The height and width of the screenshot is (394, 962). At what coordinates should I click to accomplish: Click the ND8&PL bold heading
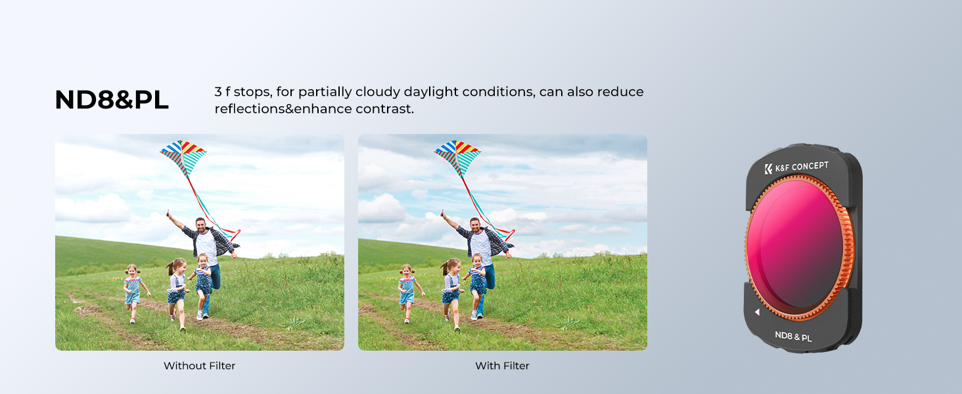(x=112, y=100)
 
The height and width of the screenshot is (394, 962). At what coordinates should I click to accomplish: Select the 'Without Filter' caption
(x=199, y=366)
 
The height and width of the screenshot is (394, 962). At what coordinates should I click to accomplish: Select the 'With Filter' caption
(x=502, y=366)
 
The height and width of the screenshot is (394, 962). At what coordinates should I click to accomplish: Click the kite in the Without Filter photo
(x=183, y=158)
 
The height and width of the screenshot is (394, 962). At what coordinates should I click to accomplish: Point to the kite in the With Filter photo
(x=458, y=158)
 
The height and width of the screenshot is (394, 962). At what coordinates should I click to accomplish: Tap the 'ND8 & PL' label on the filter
(x=793, y=336)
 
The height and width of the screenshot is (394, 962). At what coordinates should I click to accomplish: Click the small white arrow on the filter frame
(x=757, y=312)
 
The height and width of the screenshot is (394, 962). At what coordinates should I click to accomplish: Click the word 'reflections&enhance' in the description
(x=283, y=109)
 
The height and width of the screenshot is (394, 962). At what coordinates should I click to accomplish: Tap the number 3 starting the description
(x=218, y=92)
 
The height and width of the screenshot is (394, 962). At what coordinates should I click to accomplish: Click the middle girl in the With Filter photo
(x=451, y=294)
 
